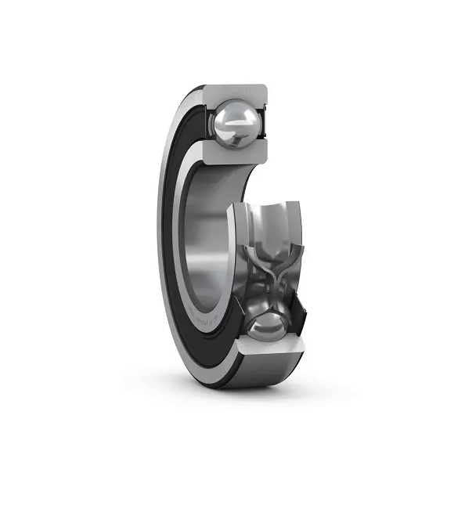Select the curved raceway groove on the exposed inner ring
(270, 227)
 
